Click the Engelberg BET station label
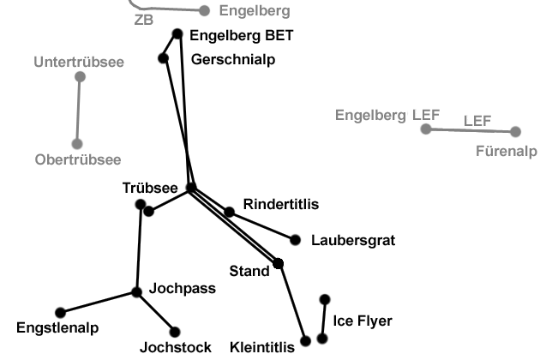(x=241, y=36)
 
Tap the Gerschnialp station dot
(x=163, y=58)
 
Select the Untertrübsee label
(x=79, y=62)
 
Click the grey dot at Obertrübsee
(x=76, y=144)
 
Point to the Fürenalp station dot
(x=515, y=132)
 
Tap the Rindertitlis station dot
(x=229, y=212)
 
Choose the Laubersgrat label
(x=353, y=241)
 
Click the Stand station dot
(x=278, y=263)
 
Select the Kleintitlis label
(x=262, y=347)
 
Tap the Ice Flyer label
(x=363, y=321)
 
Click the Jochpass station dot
(x=136, y=292)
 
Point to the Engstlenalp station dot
(x=60, y=312)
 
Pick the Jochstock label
(x=175, y=347)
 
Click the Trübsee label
(x=149, y=188)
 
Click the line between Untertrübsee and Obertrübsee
(x=78, y=111)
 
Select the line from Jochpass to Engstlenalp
(x=99, y=303)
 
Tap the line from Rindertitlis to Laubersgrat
(x=262, y=225)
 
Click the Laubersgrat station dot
(x=296, y=240)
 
